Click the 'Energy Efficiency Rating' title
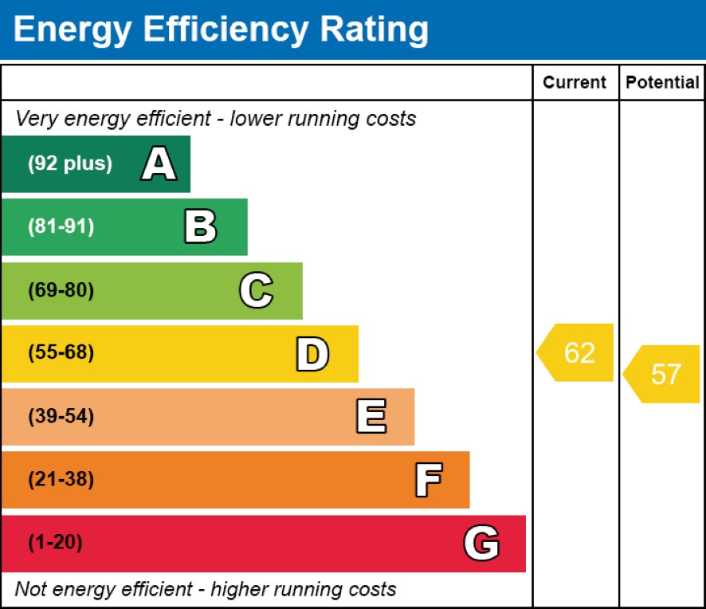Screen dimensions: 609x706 tap(221, 29)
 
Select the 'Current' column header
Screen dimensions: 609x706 tap(575, 83)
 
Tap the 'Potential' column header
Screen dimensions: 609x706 tap(662, 83)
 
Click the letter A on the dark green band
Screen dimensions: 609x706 tap(159, 164)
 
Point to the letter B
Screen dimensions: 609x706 tap(200, 227)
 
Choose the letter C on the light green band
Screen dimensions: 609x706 tap(256, 290)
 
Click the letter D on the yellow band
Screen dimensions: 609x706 tap(312, 354)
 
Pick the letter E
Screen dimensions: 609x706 tap(371, 417)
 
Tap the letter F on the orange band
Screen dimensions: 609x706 tap(428, 480)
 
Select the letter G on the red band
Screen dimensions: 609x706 tap(481, 544)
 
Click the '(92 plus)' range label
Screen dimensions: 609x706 tap(70, 164)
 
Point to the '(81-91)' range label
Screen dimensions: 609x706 tap(61, 227)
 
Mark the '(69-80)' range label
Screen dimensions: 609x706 tap(61, 290)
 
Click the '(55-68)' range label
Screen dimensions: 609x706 tap(61, 353)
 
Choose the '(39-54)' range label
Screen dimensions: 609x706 tap(61, 417)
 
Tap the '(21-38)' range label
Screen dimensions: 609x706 tap(61, 480)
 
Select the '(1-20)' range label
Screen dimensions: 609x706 tap(55, 544)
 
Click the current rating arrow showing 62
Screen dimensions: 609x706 tap(576, 352)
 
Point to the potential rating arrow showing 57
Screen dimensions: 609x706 tap(663, 374)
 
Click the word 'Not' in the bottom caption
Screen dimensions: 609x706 tap(30, 590)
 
